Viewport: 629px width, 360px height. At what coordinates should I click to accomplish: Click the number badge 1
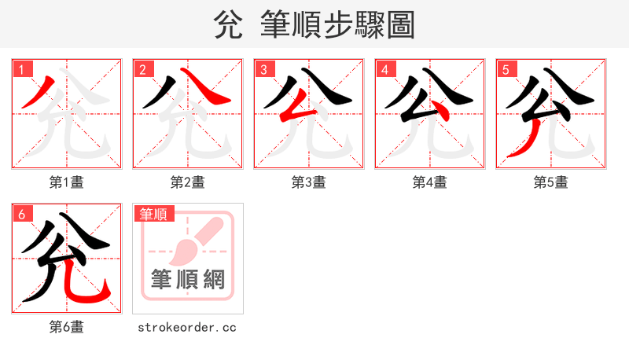21,69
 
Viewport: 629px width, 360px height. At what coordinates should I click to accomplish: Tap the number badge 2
142,69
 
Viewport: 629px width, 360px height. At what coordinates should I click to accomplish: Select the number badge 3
263,69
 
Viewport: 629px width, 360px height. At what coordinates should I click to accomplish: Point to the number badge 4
384,69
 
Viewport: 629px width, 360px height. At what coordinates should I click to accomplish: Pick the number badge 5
506,69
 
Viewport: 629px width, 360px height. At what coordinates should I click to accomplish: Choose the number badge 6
21,214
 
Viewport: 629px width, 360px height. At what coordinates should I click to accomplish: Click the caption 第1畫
67,182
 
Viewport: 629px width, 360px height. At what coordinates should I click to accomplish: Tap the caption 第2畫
188,182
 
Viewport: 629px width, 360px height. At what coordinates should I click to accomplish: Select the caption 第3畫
309,182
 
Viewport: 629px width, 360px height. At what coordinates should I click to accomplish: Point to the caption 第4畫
430,182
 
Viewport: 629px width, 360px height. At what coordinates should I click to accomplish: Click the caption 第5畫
551,182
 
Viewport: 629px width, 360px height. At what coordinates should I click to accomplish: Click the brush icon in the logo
189,244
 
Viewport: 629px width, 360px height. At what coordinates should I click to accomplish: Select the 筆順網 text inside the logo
188,279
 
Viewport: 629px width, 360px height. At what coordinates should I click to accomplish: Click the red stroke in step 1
39,91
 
